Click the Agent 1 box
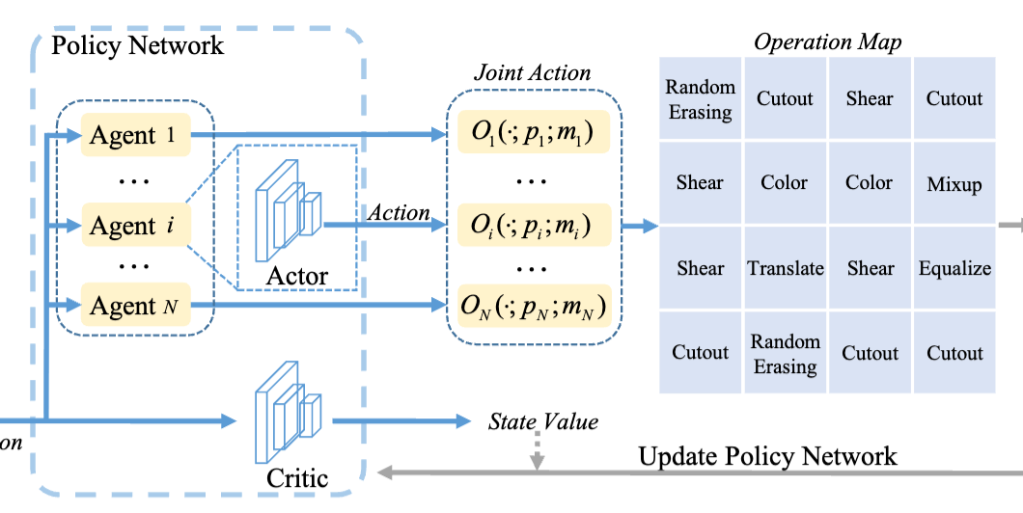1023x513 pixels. click(x=134, y=136)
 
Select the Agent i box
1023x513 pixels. click(x=134, y=227)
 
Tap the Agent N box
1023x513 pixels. click(x=134, y=307)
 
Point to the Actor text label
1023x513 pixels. click(x=296, y=277)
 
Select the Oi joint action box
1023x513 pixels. click(x=531, y=226)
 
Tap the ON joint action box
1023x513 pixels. click(x=531, y=308)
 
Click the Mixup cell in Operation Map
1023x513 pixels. click(x=954, y=183)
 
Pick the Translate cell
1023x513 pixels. click(x=786, y=268)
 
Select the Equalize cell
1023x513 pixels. click(x=954, y=268)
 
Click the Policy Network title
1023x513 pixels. click(x=137, y=44)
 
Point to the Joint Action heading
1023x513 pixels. click(x=532, y=72)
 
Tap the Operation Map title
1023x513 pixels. click(x=827, y=41)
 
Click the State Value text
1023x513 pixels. click(x=543, y=421)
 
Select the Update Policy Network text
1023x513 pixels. click(x=767, y=456)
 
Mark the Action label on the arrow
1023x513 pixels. click(x=399, y=212)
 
